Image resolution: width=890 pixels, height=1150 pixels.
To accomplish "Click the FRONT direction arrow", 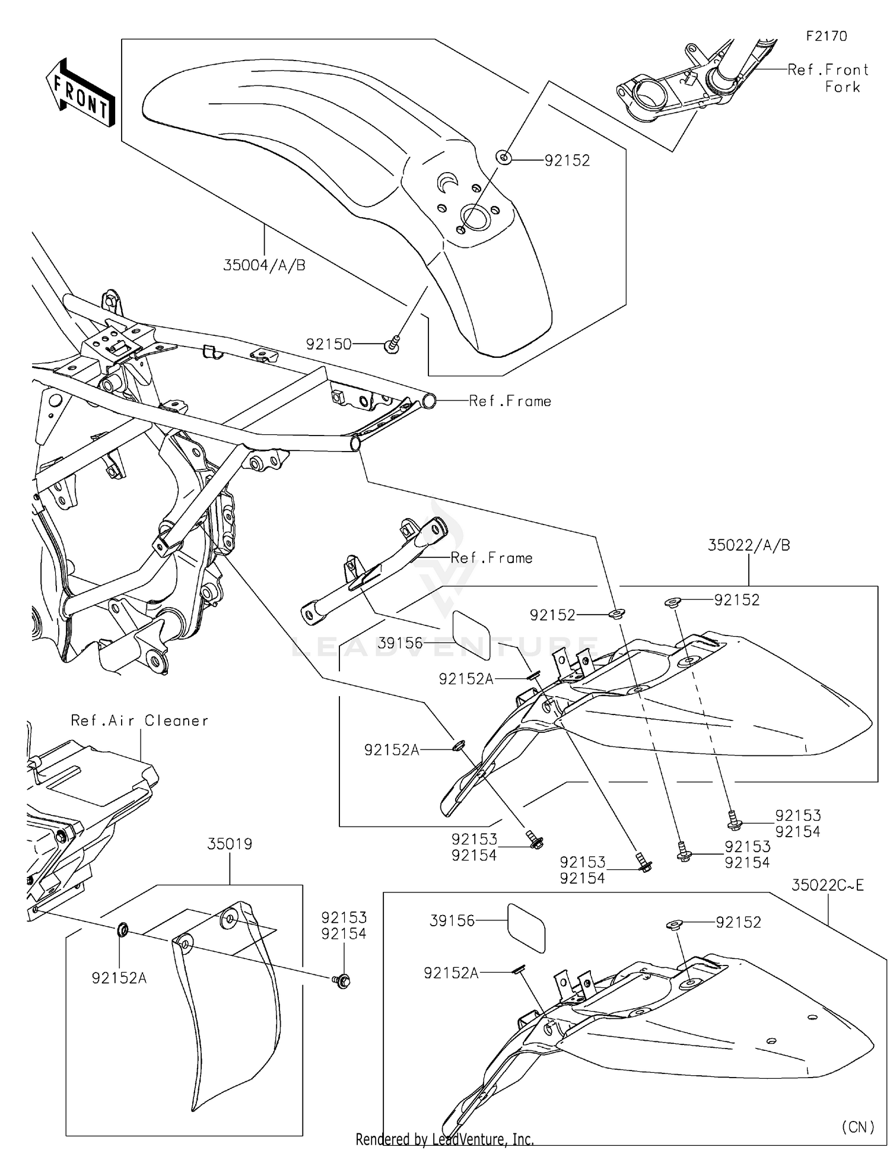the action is tap(80, 93).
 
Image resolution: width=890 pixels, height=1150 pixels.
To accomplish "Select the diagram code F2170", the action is tap(827, 36).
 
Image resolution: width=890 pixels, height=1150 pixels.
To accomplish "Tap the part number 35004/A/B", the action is tap(264, 265).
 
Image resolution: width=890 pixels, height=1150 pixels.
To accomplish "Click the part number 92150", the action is tap(329, 344).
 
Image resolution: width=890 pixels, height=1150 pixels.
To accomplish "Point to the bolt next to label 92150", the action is tap(393, 344).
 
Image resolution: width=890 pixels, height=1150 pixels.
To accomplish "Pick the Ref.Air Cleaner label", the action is tap(139, 720).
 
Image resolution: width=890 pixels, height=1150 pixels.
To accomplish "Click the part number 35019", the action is tap(230, 844).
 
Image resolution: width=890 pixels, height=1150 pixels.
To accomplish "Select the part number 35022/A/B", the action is tap(749, 545).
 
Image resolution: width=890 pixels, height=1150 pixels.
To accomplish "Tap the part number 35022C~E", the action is tap(827, 885).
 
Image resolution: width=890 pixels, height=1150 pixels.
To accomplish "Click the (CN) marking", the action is tap(857, 1126).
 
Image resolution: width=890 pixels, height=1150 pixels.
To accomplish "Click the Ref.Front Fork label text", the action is tap(828, 78).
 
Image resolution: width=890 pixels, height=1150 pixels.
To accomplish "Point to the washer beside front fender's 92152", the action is tap(504, 158).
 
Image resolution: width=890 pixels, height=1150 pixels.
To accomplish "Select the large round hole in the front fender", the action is tap(476, 218).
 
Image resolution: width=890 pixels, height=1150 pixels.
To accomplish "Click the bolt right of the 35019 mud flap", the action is tap(342, 981).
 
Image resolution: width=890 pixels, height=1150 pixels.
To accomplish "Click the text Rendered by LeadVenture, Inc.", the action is tap(444, 1139).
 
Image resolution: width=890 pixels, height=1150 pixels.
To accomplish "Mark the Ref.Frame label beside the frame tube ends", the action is tap(510, 401).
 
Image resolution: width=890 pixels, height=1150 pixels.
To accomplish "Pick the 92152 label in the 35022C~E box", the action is tap(738, 922).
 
